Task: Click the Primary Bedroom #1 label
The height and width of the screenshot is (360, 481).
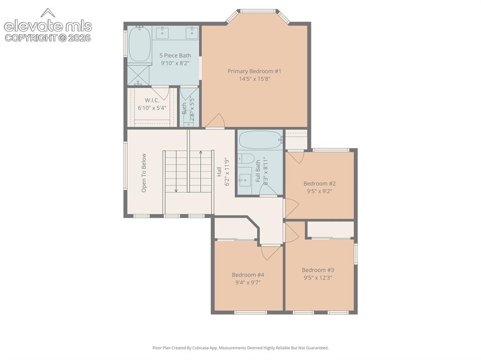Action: coord(254,71)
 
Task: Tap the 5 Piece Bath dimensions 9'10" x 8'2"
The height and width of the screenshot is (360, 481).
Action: coord(175,63)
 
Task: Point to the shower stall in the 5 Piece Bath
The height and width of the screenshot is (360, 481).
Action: coord(139,75)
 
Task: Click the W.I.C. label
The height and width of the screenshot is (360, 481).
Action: coord(152,100)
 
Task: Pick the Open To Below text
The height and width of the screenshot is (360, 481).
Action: coord(144,173)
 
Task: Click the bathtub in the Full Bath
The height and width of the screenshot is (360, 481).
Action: coord(260,140)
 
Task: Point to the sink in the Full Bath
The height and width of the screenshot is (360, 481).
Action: coord(245,180)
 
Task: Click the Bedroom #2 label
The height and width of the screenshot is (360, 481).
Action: coord(319,184)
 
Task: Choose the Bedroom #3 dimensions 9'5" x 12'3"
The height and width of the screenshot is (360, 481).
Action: coord(318,278)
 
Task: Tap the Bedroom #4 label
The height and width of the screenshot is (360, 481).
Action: coord(248,275)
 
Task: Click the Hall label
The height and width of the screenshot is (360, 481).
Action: coord(219,172)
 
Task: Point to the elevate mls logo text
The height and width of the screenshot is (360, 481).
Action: coord(48,26)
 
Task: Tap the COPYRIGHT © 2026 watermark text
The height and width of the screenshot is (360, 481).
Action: coord(48,38)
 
